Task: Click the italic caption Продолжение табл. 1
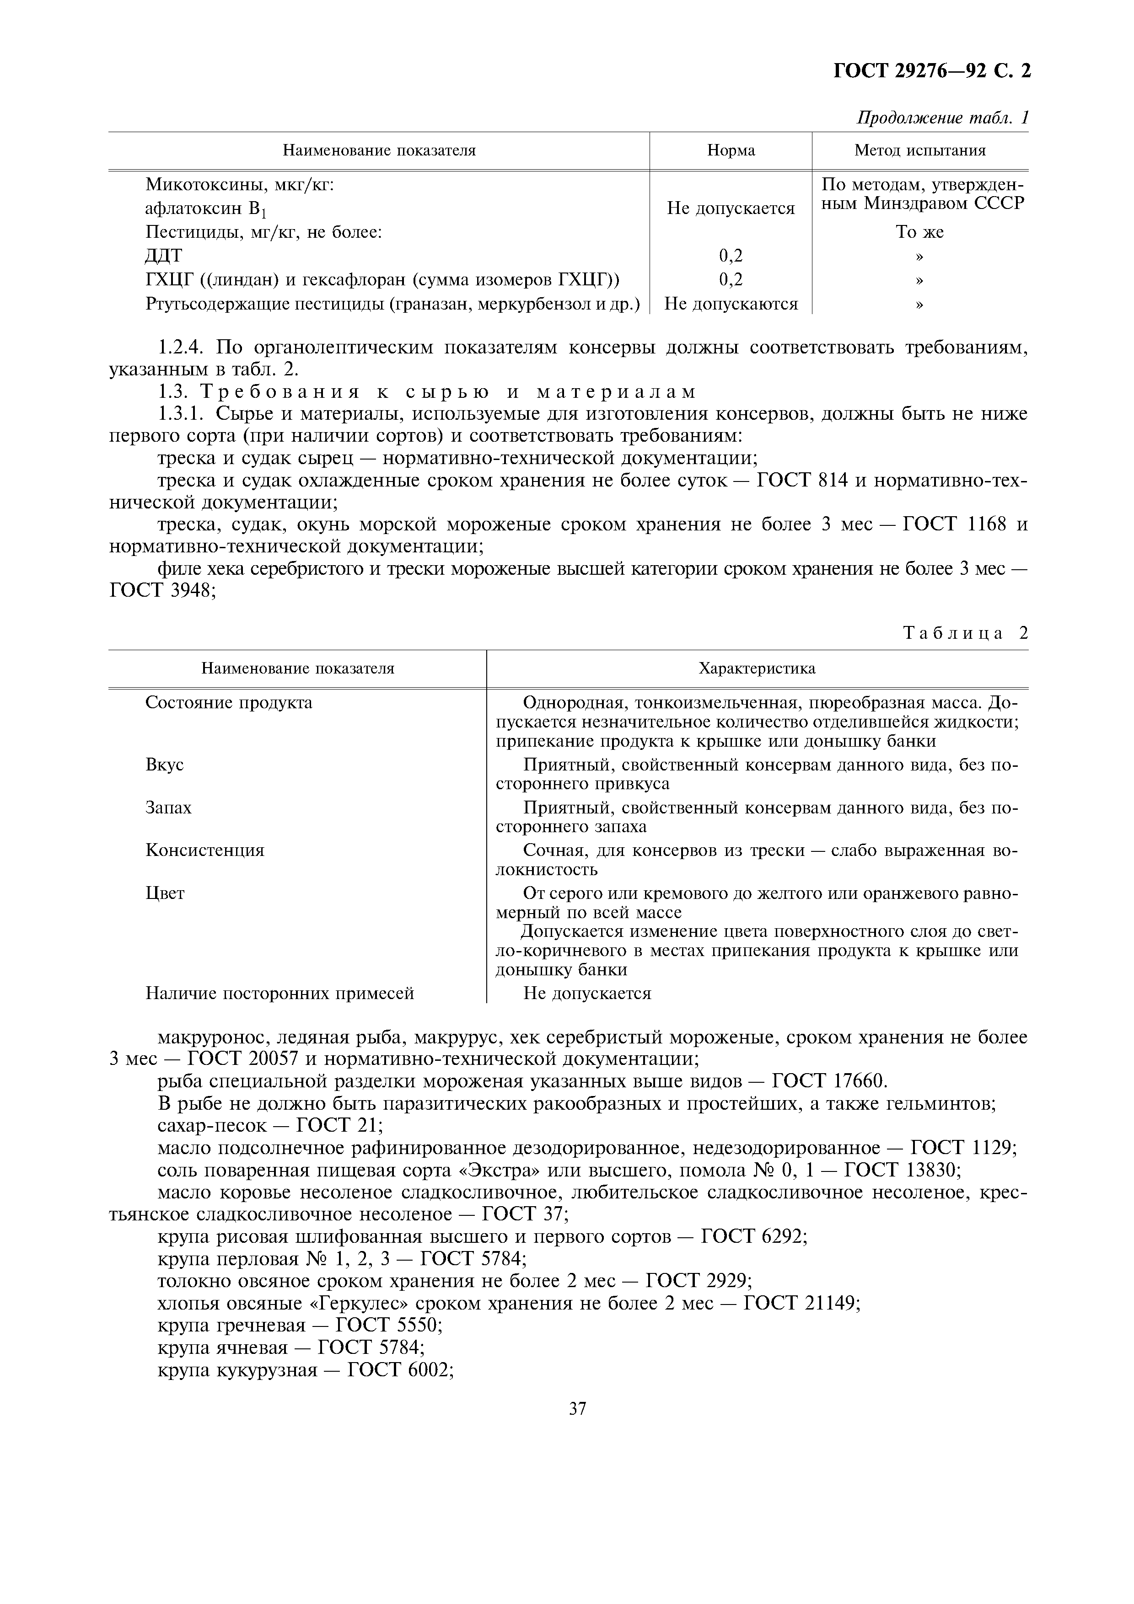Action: [x=942, y=118]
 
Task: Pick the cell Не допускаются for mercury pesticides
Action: [x=731, y=304]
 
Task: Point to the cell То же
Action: [x=919, y=232]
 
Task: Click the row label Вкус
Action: [x=164, y=764]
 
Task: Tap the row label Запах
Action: [x=168, y=807]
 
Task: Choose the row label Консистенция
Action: [x=205, y=850]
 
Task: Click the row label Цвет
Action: [x=165, y=893]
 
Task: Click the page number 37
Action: [x=577, y=1408]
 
